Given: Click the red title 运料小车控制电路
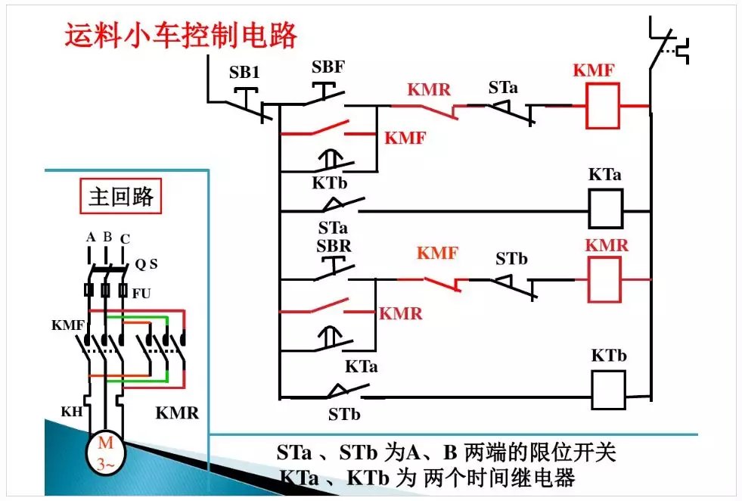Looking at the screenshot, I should click(181, 36).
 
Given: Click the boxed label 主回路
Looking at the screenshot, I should click(121, 197).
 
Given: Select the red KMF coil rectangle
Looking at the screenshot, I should click(603, 106).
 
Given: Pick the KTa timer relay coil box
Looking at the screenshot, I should click(606, 209).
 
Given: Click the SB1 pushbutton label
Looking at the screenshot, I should click(244, 73).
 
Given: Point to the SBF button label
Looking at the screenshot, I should click(328, 67).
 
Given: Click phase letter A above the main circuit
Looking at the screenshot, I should click(90, 238).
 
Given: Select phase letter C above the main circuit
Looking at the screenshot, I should click(125, 239).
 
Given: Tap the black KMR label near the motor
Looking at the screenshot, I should click(177, 413).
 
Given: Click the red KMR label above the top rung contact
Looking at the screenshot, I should click(429, 90).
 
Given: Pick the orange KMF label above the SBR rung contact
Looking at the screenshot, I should click(437, 253).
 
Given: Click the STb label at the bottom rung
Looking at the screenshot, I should click(344, 415).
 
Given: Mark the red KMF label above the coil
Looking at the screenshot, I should click(594, 70).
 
